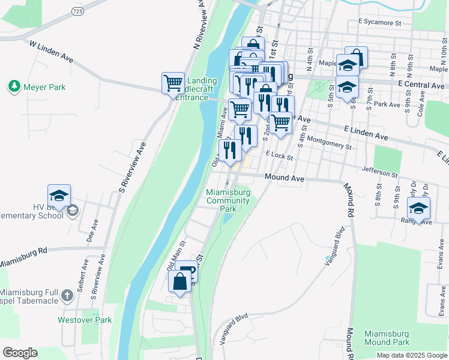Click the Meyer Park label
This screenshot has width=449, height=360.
[x=44, y=87]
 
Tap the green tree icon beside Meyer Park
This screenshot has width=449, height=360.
[x=14, y=87]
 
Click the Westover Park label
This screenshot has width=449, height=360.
[x=85, y=320]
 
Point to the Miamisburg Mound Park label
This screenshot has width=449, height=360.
[x=387, y=338]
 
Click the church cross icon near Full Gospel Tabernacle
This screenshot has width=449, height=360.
[x=67, y=295]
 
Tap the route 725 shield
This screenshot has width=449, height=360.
[x=76, y=11]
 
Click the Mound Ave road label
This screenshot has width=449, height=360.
[x=285, y=178]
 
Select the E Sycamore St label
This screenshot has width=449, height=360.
[x=379, y=22]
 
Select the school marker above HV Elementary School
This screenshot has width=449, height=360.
[x=59, y=196]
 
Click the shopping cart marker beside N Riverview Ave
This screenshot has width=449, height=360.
[x=173, y=83]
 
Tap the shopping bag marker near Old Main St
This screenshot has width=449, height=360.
[x=180, y=281]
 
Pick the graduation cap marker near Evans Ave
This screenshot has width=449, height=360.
[x=418, y=209]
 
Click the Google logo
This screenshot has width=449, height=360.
[x=20, y=353]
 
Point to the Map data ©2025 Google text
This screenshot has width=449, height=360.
[x=411, y=355]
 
